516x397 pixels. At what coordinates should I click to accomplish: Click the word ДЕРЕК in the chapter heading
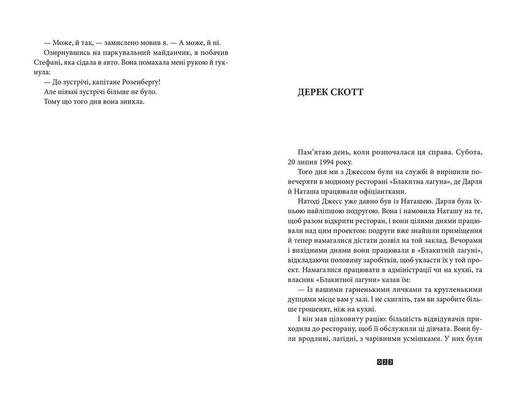point(316,92)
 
